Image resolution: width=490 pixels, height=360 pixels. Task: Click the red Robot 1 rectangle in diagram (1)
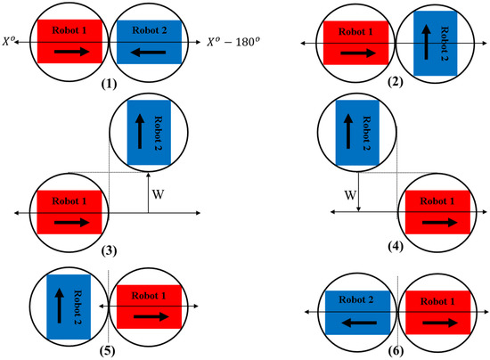[66, 41]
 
